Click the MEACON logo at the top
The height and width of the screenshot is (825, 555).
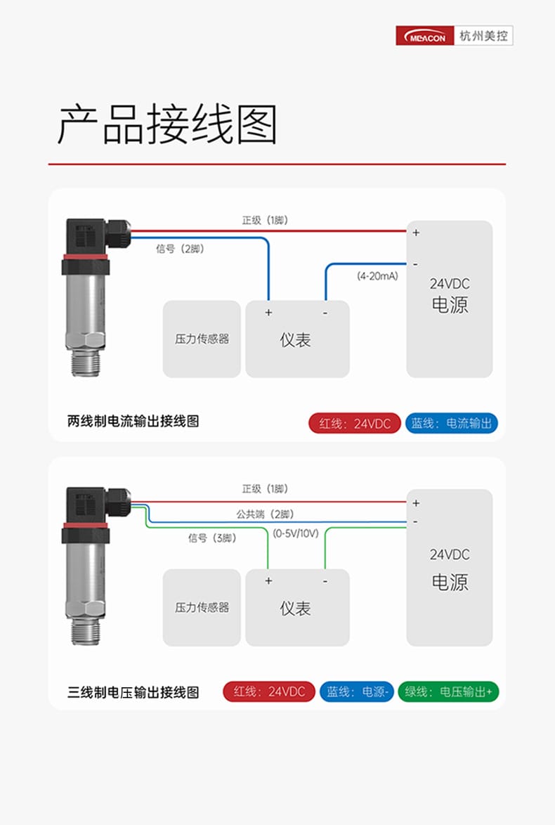click(x=425, y=36)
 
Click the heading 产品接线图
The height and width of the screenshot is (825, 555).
click(x=167, y=124)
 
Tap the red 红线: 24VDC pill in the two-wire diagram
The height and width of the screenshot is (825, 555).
click(x=355, y=424)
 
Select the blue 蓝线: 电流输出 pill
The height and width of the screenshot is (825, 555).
click(x=451, y=424)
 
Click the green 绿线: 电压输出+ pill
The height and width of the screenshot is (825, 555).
click(x=448, y=692)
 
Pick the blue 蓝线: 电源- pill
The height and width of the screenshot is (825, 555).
click(x=357, y=692)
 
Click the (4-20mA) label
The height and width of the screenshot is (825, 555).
click(x=378, y=275)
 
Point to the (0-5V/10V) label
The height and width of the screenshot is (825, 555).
click(x=296, y=533)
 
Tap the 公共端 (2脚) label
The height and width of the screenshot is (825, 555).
click(x=265, y=514)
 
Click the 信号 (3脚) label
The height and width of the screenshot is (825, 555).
click(x=213, y=538)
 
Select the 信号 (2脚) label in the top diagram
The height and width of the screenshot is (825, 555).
click(x=180, y=248)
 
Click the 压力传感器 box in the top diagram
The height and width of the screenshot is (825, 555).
click(x=202, y=339)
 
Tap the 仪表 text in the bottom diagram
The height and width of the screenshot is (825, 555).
click(x=295, y=609)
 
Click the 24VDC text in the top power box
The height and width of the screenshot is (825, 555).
click(x=450, y=284)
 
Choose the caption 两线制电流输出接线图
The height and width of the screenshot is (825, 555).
click(x=133, y=422)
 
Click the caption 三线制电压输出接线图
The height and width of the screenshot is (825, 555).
click(x=133, y=692)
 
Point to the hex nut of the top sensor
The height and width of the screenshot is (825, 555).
click(x=86, y=340)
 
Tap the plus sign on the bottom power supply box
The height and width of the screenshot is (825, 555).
click(x=416, y=503)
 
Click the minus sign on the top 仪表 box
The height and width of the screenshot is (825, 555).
click(x=325, y=313)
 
